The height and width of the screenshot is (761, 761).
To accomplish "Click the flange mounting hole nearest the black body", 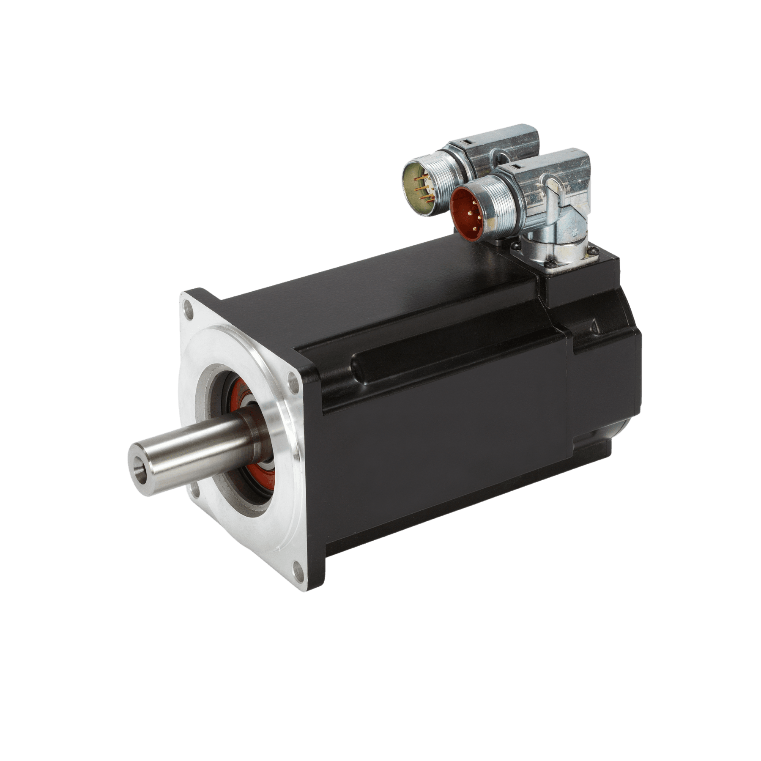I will click(291, 379).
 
